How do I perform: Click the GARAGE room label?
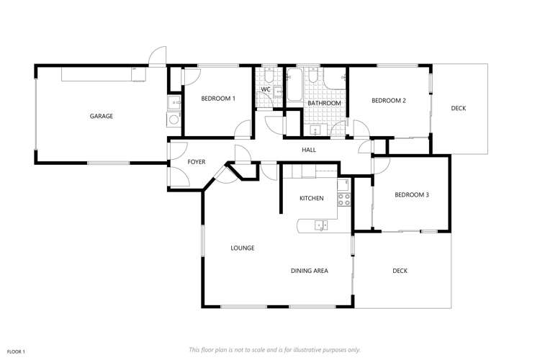click(101, 116)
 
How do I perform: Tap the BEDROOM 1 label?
click(217, 98)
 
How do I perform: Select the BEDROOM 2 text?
click(389, 101)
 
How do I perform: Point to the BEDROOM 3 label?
click(412, 194)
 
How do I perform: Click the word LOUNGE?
click(242, 248)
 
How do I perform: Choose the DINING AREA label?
click(310, 271)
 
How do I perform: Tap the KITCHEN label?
click(312, 198)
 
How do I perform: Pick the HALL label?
click(309, 150)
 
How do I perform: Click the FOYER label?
click(197, 162)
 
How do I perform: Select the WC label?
click(265, 89)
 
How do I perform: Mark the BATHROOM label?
click(324, 103)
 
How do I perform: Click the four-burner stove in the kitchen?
click(343, 199)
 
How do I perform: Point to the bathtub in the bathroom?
click(294, 85)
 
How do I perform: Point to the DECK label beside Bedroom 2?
click(459, 109)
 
